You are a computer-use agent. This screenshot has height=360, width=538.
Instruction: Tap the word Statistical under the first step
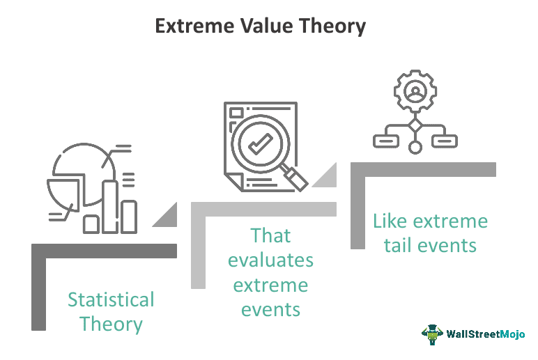111,300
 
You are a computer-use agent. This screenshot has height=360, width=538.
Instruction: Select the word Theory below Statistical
111,324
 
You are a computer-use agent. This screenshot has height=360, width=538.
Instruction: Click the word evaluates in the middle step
270,260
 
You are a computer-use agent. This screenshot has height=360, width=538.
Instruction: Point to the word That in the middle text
270,236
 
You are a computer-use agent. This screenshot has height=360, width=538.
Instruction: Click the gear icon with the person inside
415,93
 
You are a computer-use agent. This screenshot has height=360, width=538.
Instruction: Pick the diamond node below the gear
415,126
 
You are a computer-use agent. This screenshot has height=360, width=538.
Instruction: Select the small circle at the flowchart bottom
415,147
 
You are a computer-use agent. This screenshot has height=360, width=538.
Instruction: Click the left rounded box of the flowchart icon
386,141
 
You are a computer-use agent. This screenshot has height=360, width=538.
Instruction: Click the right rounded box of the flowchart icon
444,141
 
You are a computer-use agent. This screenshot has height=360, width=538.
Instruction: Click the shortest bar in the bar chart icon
92,224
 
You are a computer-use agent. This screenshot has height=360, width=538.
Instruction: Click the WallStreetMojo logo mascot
432,334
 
